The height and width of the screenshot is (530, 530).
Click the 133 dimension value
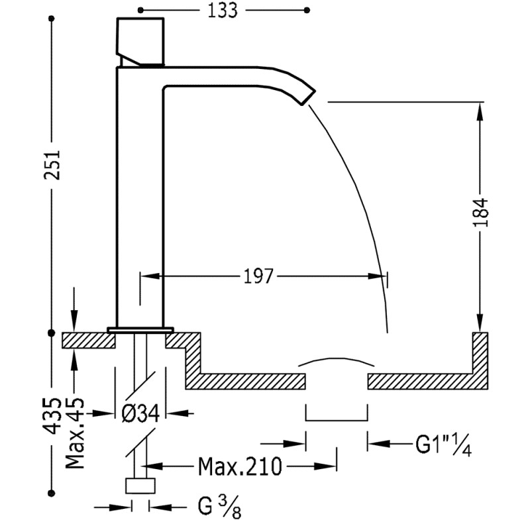(x=223, y=11)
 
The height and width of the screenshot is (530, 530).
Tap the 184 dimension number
(x=481, y=212)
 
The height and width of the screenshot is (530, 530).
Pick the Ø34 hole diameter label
(x=140, y=413)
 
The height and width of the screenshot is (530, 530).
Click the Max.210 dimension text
(x=240, y=466)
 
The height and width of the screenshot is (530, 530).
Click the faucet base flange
(x=140, y=329)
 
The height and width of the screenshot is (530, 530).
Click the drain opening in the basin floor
(x=336, y=381)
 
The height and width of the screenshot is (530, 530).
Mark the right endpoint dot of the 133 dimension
(x=306, y=11)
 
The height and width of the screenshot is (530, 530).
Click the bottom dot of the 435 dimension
(x=52, y=493)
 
